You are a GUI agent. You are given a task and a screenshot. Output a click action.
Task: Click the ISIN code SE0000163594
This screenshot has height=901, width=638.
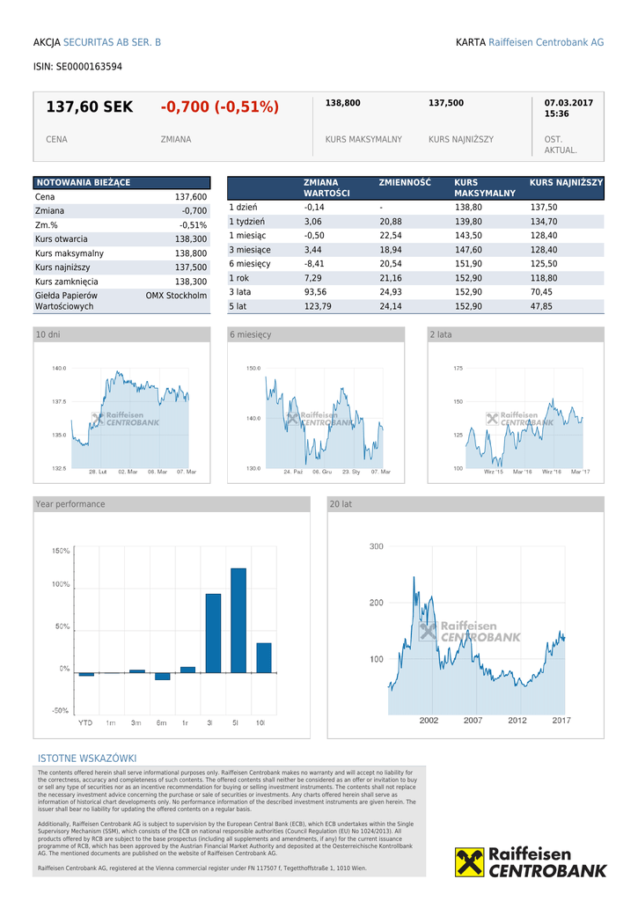[x=89, y=66]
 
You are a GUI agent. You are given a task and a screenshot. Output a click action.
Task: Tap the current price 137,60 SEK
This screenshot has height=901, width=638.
[x=89, y=107]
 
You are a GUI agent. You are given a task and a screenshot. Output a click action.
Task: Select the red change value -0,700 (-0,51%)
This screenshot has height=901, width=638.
[x=219, y=107]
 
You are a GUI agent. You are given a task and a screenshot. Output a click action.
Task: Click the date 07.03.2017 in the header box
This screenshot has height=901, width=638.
[x=568, y=103]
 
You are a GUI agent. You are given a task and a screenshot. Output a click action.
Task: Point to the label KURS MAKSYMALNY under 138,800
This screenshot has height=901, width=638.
[x=363, y=139]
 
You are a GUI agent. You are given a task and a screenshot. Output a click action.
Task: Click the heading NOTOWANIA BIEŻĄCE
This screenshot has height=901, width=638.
[x=83, y=182]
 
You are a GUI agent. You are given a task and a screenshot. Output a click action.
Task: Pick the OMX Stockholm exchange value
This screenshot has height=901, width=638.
[x=176, y=296]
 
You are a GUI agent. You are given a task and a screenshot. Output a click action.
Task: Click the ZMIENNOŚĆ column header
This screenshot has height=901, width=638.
[x=405, y=182]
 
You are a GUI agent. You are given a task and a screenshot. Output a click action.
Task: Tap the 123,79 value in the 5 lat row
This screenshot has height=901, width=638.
[x=316, y=305]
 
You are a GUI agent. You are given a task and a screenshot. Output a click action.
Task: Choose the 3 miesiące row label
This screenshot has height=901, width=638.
[x=250, y=249]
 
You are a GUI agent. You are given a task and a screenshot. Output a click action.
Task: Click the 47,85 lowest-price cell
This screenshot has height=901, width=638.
[x=541, y=305]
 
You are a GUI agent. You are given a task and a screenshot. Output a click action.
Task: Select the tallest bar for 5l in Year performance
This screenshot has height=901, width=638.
[x=238, y=620]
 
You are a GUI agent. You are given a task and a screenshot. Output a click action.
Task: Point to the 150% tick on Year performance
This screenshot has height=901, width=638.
[x=61, y=551]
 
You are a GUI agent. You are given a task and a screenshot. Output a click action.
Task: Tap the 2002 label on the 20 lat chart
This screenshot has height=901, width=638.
[x=429, y=720]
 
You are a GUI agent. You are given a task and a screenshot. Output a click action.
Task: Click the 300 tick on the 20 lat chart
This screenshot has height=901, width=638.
[x=376, y=546]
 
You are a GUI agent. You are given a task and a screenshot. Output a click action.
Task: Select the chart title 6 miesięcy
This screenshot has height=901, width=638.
[x=251, y=334]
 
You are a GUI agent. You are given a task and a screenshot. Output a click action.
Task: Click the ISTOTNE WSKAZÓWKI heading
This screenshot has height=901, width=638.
[x=87, y=758]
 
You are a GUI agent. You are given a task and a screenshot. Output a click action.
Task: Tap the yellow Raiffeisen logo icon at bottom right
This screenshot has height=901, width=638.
[x=469, y=862]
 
